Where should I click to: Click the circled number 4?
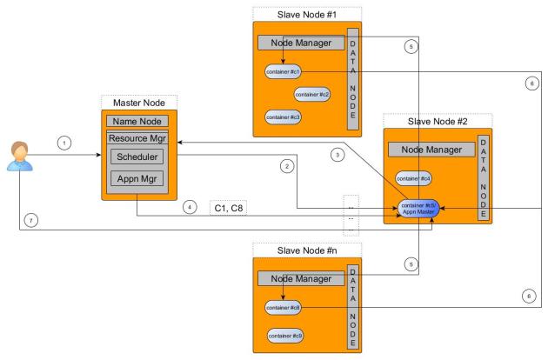click(190, 208)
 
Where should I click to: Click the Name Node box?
click(137, 121)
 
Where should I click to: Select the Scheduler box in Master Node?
click(137, 157)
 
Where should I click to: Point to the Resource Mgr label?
click(137, 138)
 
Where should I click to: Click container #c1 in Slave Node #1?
click(283, 72)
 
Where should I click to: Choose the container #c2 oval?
click(311, 94)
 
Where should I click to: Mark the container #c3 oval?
click(283, 117)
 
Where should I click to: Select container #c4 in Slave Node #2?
click(413, 178)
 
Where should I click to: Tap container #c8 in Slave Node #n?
click(283, 307)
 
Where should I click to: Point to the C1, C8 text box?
click(230, 209)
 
